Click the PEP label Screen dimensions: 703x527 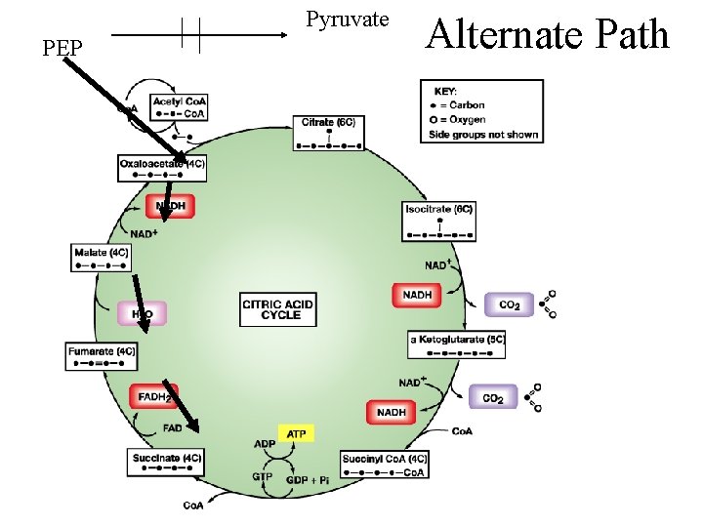(x=62, y=46)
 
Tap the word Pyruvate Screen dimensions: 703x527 (x=347, y=19)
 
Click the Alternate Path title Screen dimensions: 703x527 (x=549, y=34)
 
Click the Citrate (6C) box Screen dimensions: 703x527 (x=329, y=132)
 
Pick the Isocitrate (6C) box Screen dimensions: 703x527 (x=440, y=221)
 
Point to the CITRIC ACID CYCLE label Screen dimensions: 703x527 (x=277, y=309)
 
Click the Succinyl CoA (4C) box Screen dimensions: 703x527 (x=385, y=465)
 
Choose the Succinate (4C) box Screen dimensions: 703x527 (x=167, y=463)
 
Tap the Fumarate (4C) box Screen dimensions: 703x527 (x=102, y=356)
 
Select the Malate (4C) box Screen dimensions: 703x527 (x=102, y=258)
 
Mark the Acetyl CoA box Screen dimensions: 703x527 (x=180, y=107)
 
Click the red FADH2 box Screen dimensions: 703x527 (x=154, y=397)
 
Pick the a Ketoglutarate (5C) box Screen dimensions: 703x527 (x=456, y=345)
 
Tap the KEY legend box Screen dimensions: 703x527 (x=481, y=111)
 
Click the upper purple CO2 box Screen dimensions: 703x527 (x=509, y=304)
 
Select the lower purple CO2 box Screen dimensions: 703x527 (x=494, y=397)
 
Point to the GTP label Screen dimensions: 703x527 (x=262, y=477)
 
